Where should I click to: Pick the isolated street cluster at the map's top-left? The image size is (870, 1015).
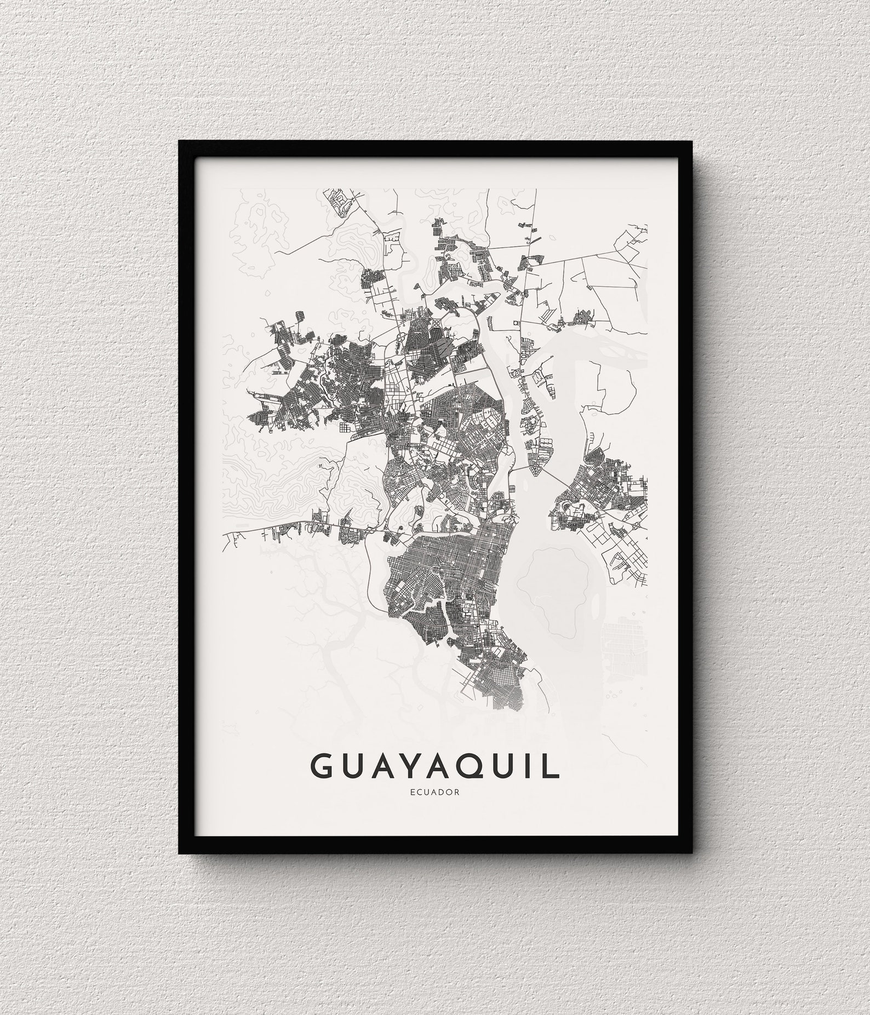click(x=340, y=203)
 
